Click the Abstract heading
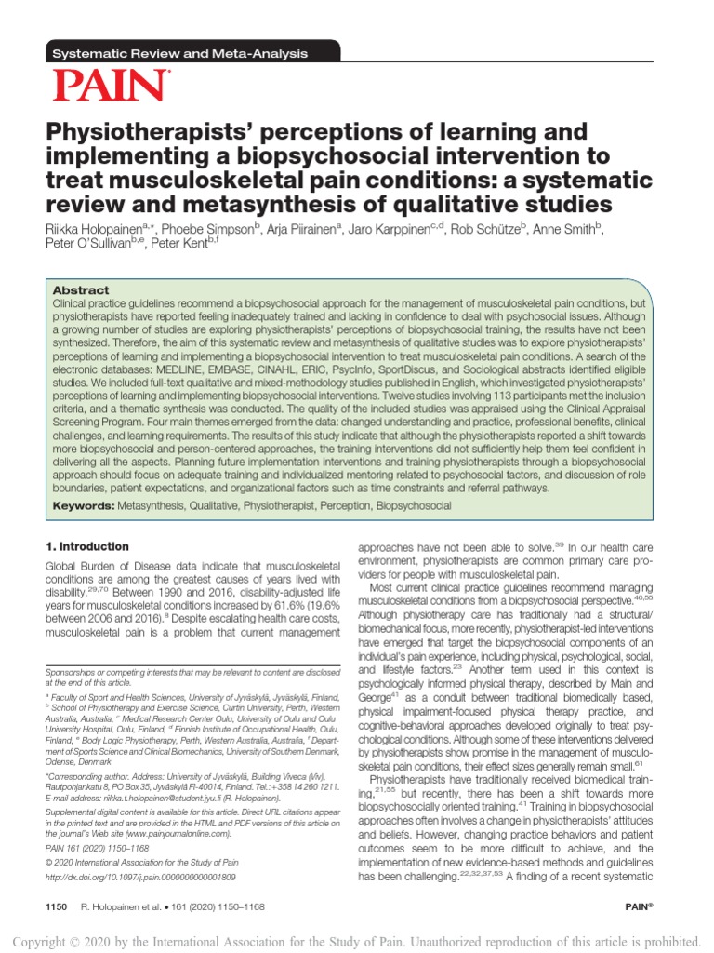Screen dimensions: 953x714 (81, 290)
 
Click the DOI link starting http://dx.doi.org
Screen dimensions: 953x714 (140, 903)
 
